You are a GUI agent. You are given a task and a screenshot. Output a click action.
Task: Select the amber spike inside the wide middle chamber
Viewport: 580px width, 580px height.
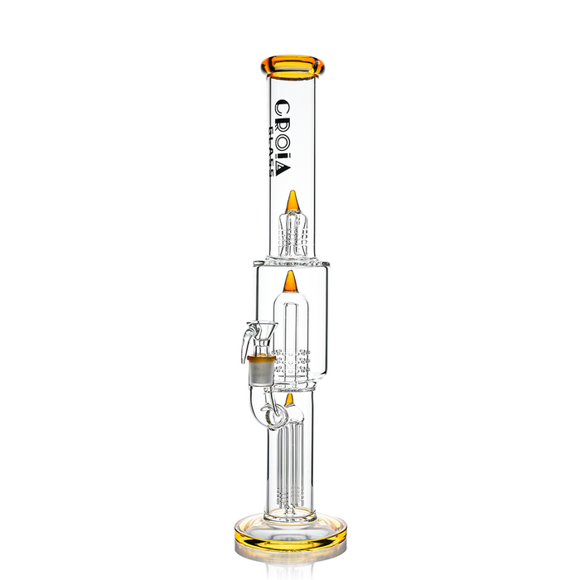tap(290, 282)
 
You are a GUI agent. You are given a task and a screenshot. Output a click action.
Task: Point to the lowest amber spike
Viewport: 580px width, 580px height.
tap(289, 400)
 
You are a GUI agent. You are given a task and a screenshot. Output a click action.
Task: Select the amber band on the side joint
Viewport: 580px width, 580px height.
tap(261, 359)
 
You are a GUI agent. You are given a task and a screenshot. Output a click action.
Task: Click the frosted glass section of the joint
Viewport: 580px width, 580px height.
tap(261, 373)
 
